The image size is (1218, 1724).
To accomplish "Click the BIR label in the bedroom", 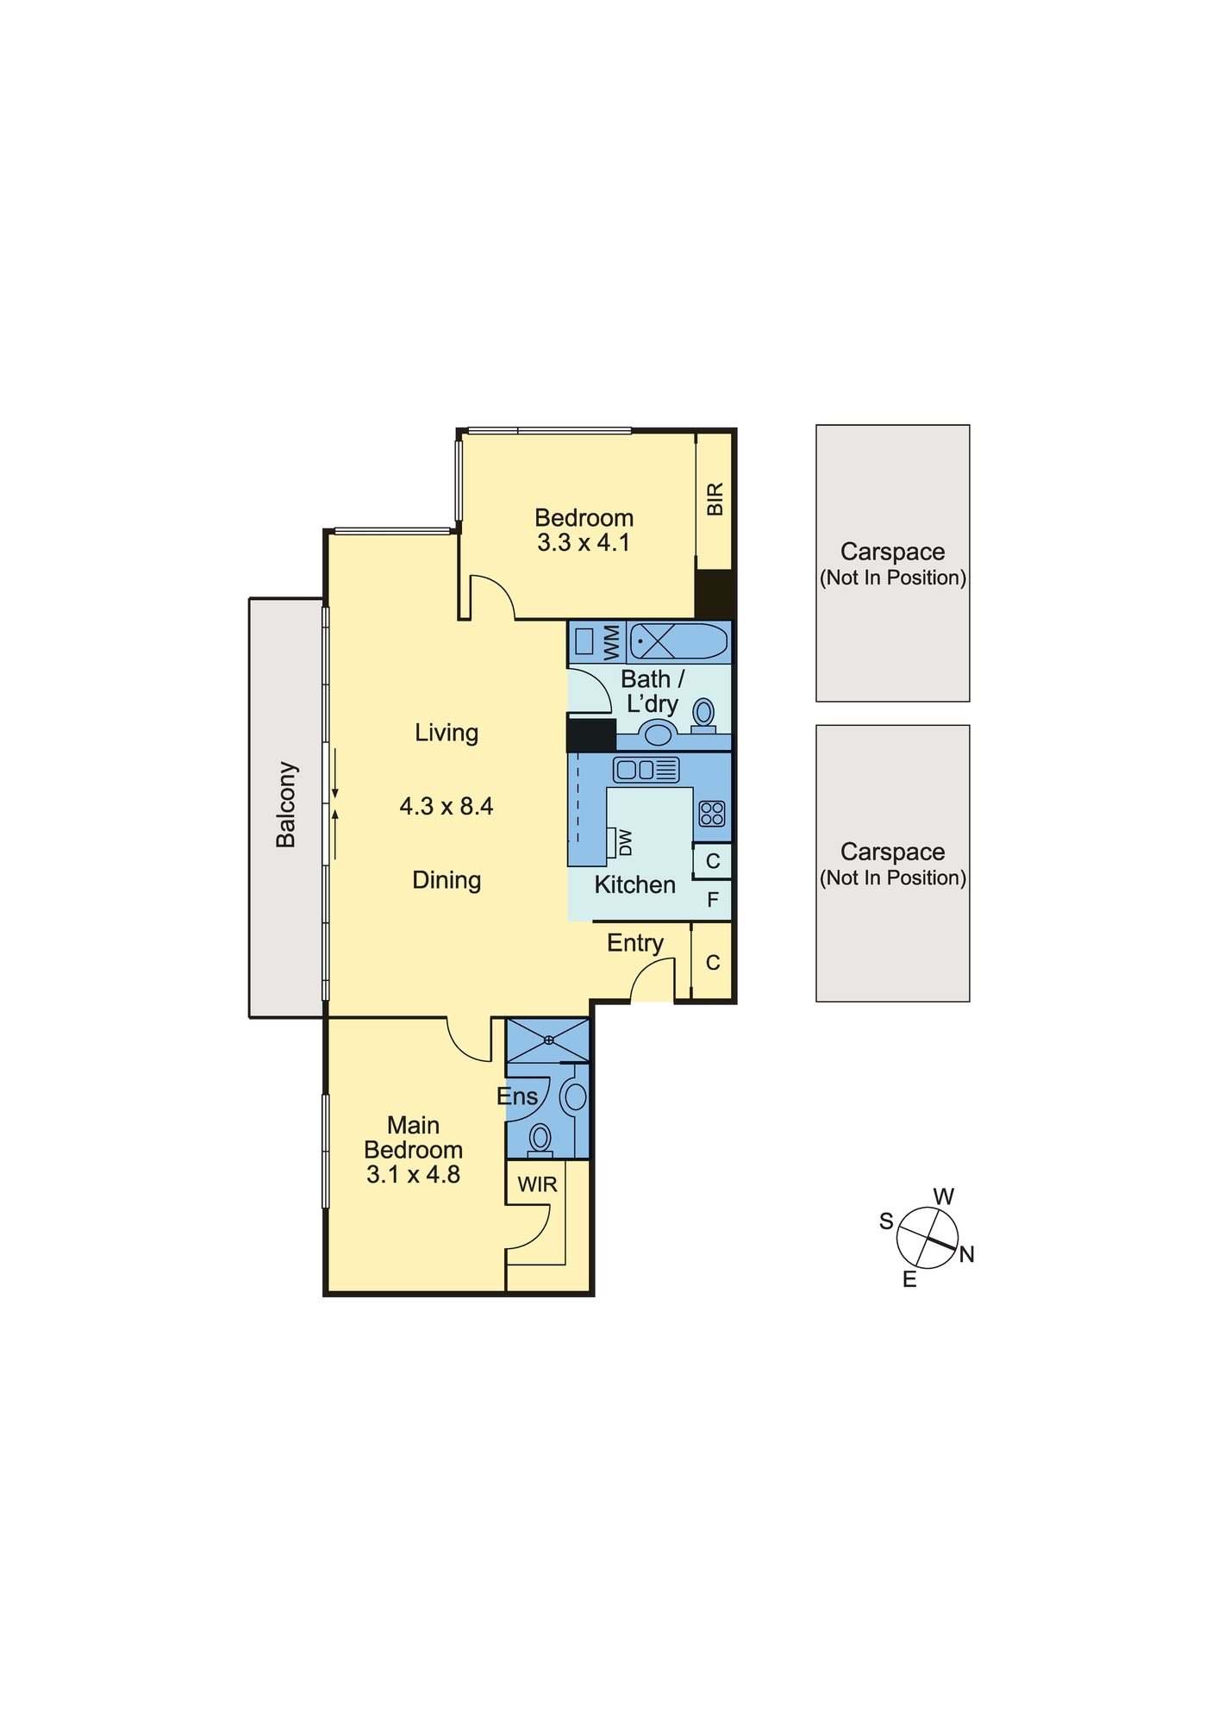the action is pos(715,499).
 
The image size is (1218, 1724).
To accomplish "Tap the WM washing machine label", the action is pos(611,642).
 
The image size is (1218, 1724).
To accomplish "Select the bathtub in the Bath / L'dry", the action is pos(679,642).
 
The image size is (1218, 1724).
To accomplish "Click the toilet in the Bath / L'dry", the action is pos(703,715).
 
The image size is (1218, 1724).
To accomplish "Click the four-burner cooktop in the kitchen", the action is pos(712,814).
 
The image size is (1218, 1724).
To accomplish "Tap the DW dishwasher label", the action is pos(626,842).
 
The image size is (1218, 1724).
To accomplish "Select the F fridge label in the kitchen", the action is pos(713,900).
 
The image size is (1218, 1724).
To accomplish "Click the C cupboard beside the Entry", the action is pos(713,962).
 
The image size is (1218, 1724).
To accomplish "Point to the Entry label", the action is pos(635,943).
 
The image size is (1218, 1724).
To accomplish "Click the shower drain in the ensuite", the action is pos(549,1040).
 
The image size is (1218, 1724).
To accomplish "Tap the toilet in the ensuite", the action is pos(540,1140).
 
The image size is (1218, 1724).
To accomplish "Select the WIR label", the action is pos(537,1184).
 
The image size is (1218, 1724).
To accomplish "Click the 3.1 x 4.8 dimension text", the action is pos(413,1174).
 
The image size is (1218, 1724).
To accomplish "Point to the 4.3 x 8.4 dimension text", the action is pos(447,806).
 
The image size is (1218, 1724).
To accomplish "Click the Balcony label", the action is pos(285,804).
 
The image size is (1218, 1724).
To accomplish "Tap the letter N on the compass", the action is pos(966,1255).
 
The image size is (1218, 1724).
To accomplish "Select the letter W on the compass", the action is pos(944,1196).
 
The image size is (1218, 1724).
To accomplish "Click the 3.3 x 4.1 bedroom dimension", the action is pos(584,542).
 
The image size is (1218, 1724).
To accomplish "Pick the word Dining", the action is pos(447,881).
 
